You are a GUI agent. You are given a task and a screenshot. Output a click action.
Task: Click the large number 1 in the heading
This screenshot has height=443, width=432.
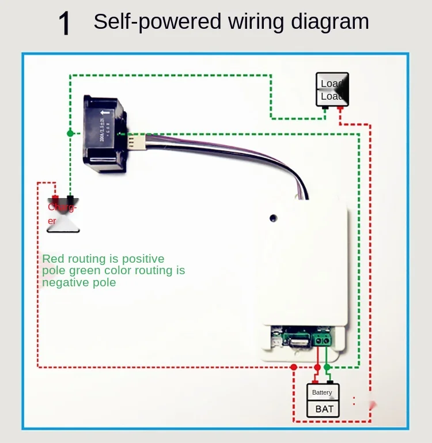coord(65,24)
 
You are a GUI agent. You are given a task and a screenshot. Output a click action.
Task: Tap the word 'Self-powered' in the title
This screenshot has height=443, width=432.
coord(157,22)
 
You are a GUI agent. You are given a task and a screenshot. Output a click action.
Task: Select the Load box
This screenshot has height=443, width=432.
coord(332,89)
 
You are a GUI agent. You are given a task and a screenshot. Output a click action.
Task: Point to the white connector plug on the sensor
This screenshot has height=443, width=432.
coord(137,142)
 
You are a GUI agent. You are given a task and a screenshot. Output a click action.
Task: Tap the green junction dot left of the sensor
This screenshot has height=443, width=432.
coord(70,133)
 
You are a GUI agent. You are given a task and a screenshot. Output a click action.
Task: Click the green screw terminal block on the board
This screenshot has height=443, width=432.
coord(321,339)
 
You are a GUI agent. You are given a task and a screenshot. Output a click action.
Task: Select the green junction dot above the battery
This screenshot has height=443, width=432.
coord(327,366)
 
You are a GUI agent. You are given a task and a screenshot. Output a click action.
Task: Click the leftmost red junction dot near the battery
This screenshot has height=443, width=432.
coord(294,367)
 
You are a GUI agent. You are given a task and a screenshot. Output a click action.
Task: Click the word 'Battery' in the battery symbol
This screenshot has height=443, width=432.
coord(322,392)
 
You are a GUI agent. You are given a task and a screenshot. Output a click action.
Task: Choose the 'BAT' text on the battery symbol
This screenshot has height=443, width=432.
coord(324,409)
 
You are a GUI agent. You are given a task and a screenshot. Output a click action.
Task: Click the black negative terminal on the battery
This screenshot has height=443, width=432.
coord(330,381)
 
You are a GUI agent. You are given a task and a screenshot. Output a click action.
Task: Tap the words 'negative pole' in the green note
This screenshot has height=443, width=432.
coord(79,282)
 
